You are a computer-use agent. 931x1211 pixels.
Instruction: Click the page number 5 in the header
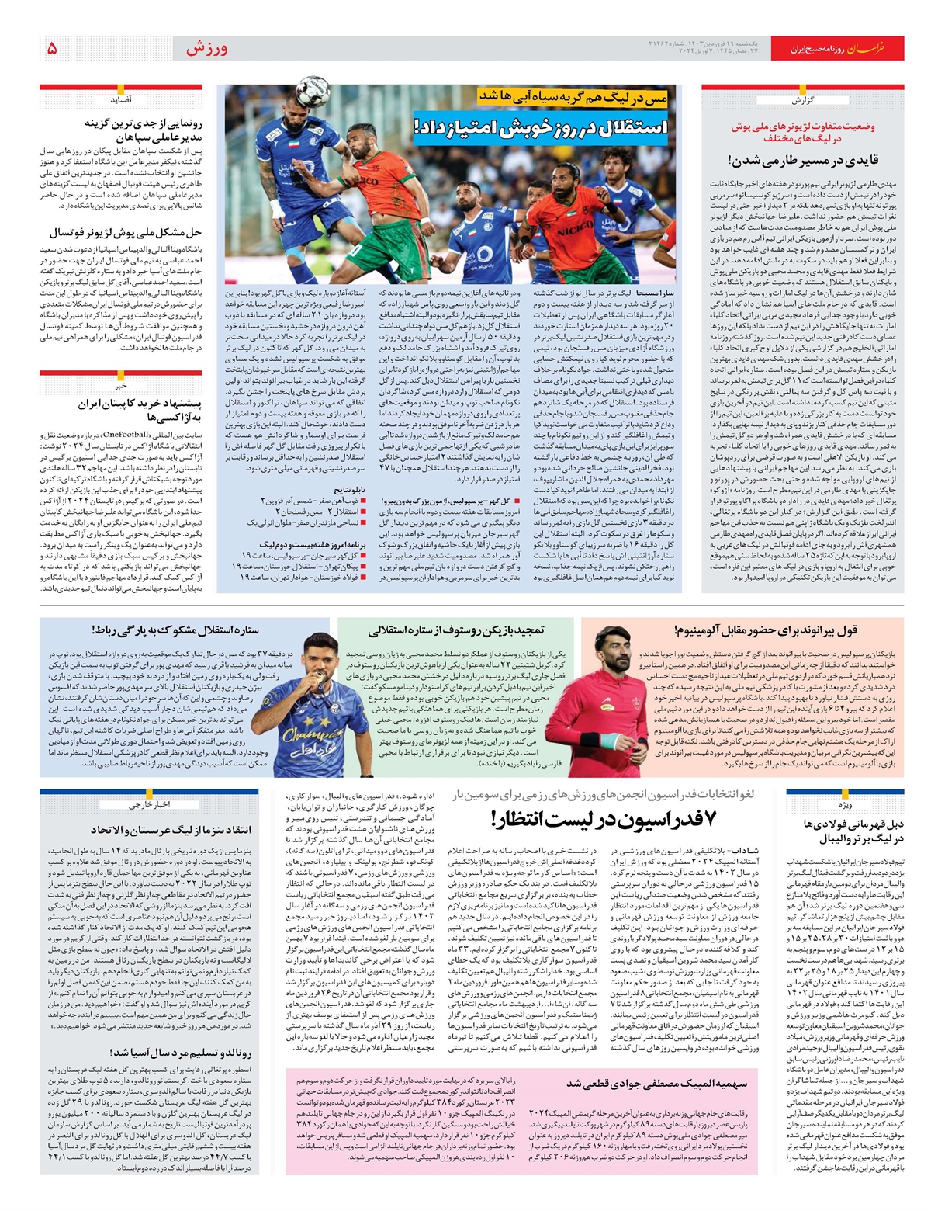click(x=52, y=49)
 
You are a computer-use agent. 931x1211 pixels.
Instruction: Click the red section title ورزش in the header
click(x=206, y=49)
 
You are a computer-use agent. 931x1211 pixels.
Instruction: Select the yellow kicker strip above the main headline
click(x=573, y=98)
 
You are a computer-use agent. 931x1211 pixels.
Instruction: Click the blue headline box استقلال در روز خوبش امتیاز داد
click(x=541, y=126)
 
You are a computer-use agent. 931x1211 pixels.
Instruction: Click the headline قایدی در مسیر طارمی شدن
click(x=803, y=161)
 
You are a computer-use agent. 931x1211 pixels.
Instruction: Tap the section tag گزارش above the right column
click(x=801, y=100)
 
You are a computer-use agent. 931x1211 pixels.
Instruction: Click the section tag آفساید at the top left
click(x=120, y=99)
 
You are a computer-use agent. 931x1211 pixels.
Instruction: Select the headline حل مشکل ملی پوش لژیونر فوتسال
click(x=126, y=232)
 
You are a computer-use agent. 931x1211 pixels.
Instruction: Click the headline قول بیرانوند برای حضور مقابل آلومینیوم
click(x=765, y=630)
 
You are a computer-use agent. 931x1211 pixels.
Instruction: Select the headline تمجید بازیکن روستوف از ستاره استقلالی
click(x=456, y=630)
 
